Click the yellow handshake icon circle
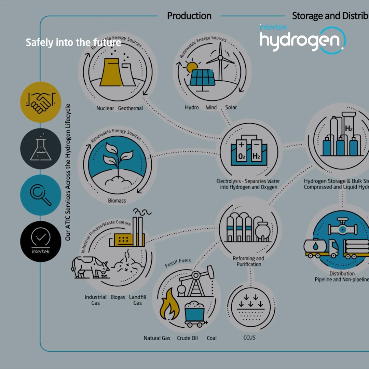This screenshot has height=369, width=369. pyautogui.click(x=41, y=102)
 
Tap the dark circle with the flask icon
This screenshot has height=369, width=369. pyautogui.click(x=41, y=149)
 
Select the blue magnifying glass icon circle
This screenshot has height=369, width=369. pyautogui.click(x=41, y=195)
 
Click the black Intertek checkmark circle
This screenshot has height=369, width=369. pyautogui.click(x=41, y=241)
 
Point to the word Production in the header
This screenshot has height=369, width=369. pyautogui.click(x=189, y=16)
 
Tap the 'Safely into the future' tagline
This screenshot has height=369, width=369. pyautogui.click(x=73, y=43)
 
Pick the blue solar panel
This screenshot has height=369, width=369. pyautogui.click(x=202, y=78)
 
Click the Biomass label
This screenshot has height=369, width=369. pyautogui.click(x=117, y=201)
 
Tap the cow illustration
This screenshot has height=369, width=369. pyautogui.click(x=90, y=266)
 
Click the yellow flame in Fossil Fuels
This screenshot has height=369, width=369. pyautogui.click(x=170, y=305)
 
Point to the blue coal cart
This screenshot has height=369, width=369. pyautogui.click(x=194, y=312)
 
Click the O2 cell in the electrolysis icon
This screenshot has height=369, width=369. pyautogui.click(x=242, y=152)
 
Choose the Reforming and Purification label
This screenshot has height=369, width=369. pyautogui.click(x=249, y=261)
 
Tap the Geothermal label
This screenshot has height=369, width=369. pyautogui.click(x=131, y=108)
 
